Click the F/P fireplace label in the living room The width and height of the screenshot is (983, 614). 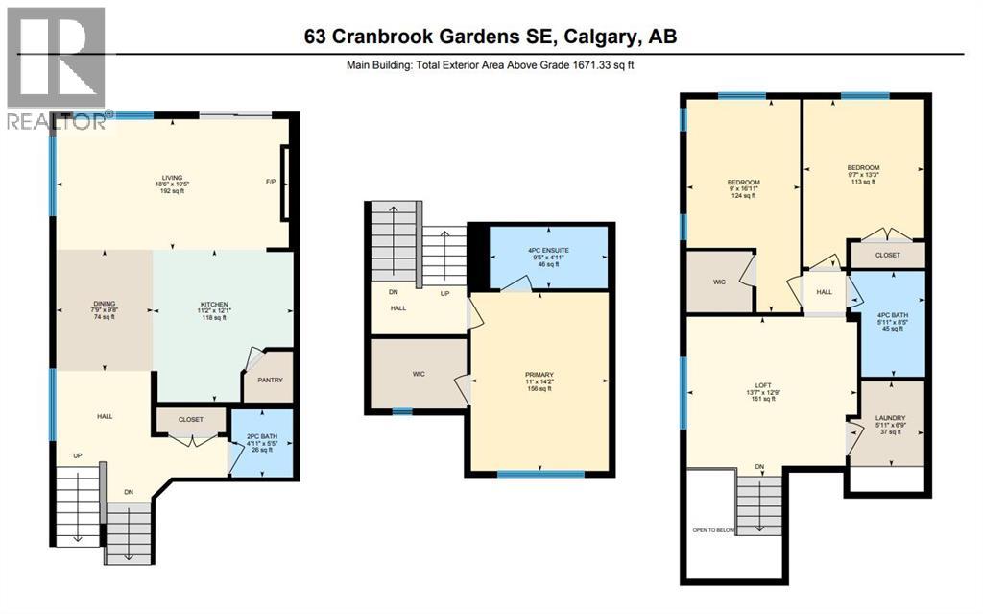(x=271, y=182)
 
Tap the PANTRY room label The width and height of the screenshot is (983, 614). (x=270, y=380)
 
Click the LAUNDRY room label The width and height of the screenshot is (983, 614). (x=890, y=418)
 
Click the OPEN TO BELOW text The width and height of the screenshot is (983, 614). (x=713, y=530)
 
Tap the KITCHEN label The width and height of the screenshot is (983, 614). (x=214, y=305)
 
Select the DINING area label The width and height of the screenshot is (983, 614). (x=105, y=304)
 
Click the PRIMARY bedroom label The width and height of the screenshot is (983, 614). (x=539, y=375)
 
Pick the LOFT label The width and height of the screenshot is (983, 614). (x=763, y=385)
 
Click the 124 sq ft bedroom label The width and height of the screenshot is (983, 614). (x=744, y=195)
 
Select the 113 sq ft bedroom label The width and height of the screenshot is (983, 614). (x=863, y=182)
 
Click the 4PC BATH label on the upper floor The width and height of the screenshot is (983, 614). (x=892, y=315)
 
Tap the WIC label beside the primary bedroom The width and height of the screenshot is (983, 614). (x=419, y=374)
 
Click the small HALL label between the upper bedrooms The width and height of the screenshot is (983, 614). (x=825, y=292)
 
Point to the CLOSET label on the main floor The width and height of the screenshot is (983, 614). (x=191, y=419)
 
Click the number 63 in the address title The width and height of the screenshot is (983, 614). (x=315, y=36)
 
